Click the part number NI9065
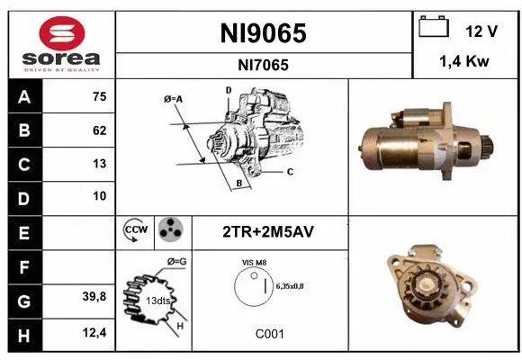coord(264,33)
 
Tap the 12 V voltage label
coord(481,31)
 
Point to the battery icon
coord(435,29)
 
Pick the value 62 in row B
coord(99,130)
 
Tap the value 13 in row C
coord(99,164)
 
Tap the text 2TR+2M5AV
coord(267,231)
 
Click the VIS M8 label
coord(253,262)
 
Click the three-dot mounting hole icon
coord(170,231)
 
